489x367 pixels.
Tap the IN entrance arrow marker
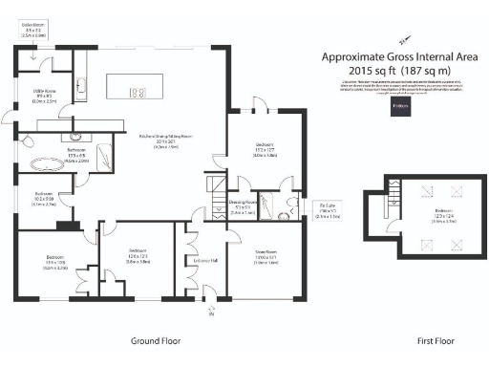[x=209, y=311]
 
